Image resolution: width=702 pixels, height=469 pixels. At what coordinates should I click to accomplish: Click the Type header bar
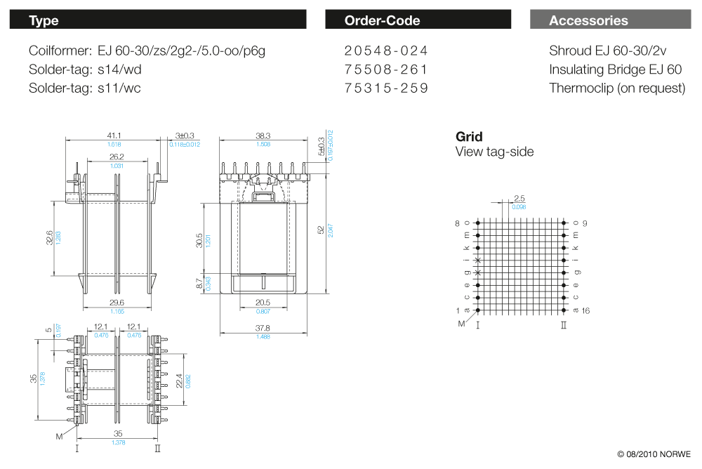158,20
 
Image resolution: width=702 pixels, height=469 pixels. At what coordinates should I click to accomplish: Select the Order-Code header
418,20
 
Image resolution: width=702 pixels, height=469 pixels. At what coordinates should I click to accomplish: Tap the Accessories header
610,20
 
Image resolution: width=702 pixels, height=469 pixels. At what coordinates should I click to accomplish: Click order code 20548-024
386,51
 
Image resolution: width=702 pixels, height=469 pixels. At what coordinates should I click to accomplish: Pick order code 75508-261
386,70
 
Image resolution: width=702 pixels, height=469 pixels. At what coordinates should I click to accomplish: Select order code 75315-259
386,88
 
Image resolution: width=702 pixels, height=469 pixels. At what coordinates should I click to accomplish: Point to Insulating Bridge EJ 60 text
615,70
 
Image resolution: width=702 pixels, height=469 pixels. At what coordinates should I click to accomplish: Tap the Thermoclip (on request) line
617,88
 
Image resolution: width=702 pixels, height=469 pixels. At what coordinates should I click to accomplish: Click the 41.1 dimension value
114,136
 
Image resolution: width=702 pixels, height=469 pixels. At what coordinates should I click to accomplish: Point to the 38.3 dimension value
263,136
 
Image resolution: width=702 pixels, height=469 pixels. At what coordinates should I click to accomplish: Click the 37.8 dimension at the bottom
263,328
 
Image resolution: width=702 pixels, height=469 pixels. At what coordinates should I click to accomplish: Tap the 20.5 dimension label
263,303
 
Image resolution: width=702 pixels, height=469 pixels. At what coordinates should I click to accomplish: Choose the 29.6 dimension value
117,303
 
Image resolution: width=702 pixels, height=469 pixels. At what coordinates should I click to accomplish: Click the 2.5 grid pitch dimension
519,199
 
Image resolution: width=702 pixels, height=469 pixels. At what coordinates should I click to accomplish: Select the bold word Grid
469,137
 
